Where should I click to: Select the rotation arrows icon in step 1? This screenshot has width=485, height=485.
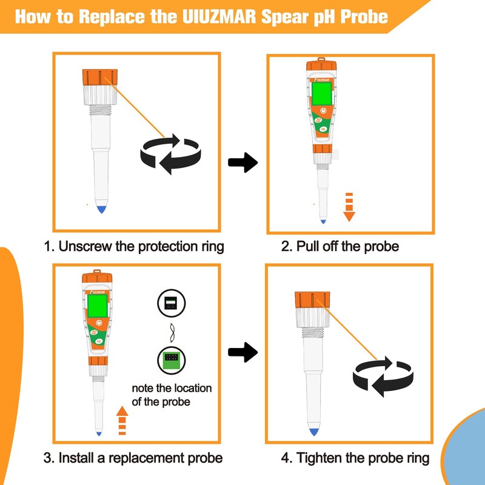[171, 153]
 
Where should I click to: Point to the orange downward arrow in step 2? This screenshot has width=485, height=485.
[349, 206]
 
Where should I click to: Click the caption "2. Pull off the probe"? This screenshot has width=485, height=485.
[339, 247]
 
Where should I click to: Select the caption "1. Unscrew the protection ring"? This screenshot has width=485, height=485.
[133, 247]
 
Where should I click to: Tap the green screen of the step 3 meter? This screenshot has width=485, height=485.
[97, 306]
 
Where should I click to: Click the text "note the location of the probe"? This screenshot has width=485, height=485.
[172, 395]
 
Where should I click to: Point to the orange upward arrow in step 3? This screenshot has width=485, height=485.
[122, 421]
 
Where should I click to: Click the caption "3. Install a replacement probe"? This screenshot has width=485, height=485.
[133, 458]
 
